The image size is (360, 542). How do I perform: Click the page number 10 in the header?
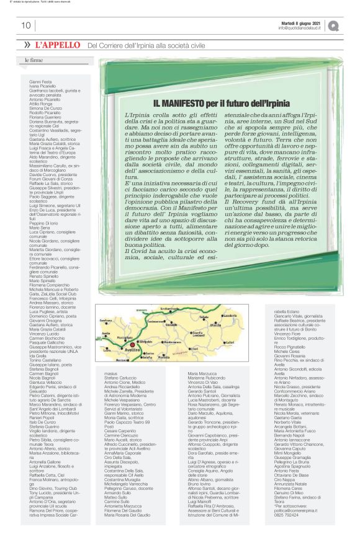tap(26, 25)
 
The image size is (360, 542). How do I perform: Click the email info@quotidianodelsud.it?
tap(299, 28)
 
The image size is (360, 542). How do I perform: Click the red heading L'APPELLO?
tap(58, 45)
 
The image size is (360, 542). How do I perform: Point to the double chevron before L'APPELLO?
tap(27, 45)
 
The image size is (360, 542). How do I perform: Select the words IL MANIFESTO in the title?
tap(179, 103)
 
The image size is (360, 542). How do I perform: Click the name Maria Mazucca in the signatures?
tap(199, 374)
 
